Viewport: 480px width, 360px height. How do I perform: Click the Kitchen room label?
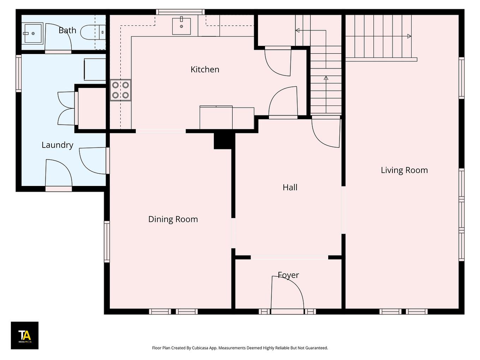(x=205, y=70)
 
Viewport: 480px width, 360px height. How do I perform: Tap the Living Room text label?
(x=404, y=170)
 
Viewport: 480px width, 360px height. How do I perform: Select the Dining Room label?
(x=173, y=219)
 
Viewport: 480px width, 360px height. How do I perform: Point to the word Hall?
(x=290, y=187)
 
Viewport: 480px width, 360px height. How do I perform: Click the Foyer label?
(x=288, y=275)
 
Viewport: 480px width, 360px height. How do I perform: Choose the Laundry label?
(x=57, y=145)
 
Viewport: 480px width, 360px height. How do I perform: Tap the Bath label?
(x=67, y=30)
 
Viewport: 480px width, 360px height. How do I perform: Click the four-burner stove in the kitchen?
(x=120, y=90)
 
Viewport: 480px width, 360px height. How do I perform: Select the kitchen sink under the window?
(x=181, y=26)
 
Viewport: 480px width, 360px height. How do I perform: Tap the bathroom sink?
(x=32, y=33)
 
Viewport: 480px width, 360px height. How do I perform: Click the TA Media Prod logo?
(x=24, y=335)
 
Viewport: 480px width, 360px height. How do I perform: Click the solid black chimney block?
(x=224, y=140)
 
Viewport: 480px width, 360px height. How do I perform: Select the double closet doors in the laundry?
(x=67, y=108)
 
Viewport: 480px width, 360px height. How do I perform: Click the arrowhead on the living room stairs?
(x=409, y=36)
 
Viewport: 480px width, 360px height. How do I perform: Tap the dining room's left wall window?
(x=107, y=241)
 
